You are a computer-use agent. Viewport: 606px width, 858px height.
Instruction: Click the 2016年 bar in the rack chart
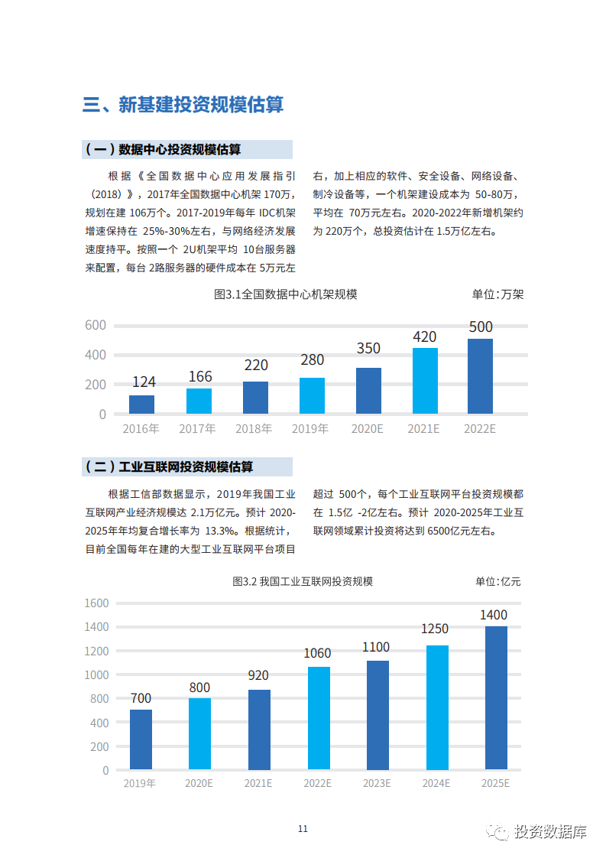[141, 405]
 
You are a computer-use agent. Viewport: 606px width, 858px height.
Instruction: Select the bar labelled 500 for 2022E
[480, 376]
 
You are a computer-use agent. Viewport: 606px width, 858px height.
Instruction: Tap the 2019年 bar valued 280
[312, 395]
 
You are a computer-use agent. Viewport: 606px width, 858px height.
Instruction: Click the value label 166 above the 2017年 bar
[199, 376]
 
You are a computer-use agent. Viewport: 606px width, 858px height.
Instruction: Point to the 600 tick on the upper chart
[96, 325]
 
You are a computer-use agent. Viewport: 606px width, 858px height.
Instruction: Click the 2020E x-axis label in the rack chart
[367, 429]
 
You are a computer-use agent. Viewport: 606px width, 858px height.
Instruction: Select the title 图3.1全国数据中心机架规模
[286, 294]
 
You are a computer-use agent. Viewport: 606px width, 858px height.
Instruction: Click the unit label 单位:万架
[497, 294]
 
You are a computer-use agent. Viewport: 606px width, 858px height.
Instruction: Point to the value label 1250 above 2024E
[435, 629]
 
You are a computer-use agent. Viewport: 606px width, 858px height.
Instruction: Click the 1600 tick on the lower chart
[96, 603]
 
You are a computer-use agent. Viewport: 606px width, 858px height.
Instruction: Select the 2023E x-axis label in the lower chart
[377, 783]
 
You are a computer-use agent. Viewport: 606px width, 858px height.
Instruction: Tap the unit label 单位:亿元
[497, 582]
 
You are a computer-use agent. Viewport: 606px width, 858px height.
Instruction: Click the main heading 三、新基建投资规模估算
[183, 105]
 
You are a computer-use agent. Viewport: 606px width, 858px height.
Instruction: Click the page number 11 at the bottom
[303, 829]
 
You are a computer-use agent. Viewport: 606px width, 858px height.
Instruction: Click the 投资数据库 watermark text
[550, 832]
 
